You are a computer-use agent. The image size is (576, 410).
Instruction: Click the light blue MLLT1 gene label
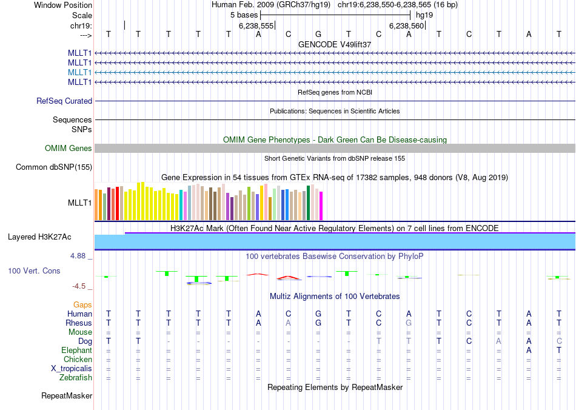click(80, 72)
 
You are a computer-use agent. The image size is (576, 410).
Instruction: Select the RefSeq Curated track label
click(64, 101)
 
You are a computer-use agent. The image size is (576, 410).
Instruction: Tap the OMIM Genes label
click(69, 148)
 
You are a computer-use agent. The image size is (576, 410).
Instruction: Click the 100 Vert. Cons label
click(34, 271)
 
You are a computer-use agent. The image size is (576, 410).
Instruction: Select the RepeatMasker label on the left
click(67, 396)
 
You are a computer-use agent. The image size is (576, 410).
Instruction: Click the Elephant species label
click(76, 351)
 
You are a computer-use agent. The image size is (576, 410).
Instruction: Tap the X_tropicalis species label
click(72, 369)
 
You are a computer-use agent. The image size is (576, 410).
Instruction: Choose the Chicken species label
click(78, 360)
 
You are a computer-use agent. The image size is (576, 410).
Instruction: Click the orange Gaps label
click(82, 304)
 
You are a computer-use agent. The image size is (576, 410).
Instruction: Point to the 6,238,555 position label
click(256, 26)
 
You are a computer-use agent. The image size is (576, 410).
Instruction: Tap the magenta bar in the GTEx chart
click(321, 206)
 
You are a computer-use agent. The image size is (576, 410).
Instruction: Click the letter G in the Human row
click(318, 314)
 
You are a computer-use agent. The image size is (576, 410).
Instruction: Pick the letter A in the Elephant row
click(529, 351)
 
